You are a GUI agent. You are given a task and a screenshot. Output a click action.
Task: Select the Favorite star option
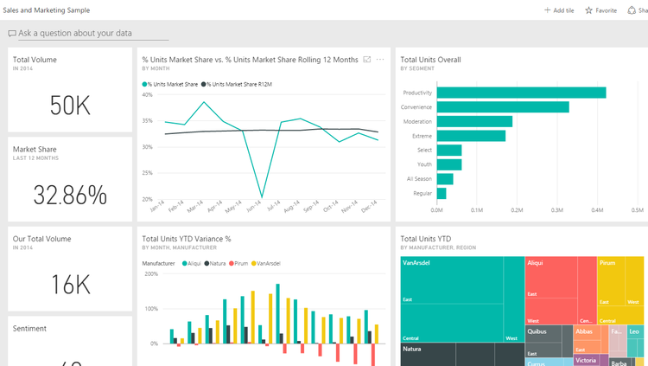[601, 10]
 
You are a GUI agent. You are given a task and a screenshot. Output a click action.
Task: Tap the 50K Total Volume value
[70, 106]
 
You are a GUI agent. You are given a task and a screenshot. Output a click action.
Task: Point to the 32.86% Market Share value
[70, 195]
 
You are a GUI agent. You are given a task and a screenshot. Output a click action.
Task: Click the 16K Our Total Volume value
[70, 285]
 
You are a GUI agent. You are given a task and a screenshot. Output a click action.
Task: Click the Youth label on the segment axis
[423, 164]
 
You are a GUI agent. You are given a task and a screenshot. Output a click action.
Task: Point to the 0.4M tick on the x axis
[597, 209]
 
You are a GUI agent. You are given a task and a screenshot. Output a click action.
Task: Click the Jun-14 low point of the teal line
[262, 197]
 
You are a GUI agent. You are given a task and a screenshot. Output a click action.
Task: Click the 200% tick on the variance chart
[150, 274]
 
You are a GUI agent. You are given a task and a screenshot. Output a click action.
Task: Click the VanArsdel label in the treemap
[417, 262]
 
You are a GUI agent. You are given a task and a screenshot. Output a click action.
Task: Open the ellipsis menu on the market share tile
[380, 60]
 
